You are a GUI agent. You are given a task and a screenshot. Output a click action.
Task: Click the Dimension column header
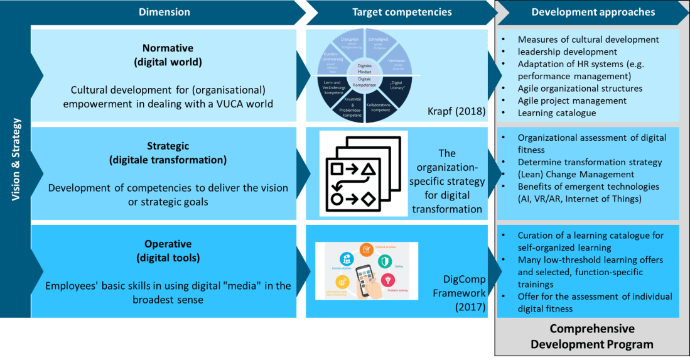164,12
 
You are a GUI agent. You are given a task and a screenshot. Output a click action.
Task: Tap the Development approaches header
593,12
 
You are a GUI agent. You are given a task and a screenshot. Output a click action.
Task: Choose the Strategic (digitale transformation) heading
167,153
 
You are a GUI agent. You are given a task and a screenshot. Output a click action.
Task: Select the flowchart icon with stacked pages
363,173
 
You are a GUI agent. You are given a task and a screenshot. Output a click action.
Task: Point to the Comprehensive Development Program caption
591,336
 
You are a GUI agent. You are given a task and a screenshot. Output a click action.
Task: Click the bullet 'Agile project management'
572,101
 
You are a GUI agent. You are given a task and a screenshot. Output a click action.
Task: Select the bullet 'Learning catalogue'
556,113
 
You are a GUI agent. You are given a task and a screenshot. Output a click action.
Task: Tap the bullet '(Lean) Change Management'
576,174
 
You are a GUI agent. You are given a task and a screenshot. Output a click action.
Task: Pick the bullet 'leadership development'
567,52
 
